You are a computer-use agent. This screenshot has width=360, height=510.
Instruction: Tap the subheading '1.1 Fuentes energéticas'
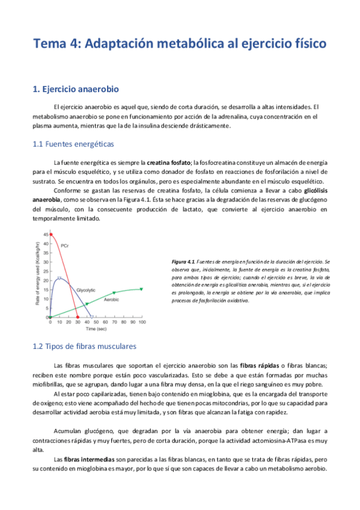click(73, 144)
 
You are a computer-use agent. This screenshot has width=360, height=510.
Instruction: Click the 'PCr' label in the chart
click(66, 245)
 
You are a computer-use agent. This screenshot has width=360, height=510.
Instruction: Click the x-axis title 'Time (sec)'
click(96, 330)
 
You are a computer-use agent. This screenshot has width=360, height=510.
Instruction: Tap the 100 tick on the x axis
click(141, 322)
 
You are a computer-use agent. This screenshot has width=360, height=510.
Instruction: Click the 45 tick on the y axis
click(46, 235)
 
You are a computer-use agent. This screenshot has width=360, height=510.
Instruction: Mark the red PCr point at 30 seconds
click(78, 317)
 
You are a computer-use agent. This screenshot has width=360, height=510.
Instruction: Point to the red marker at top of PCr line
click(51, 235)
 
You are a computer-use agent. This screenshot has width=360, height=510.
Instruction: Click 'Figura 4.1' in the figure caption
click(183, 262)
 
